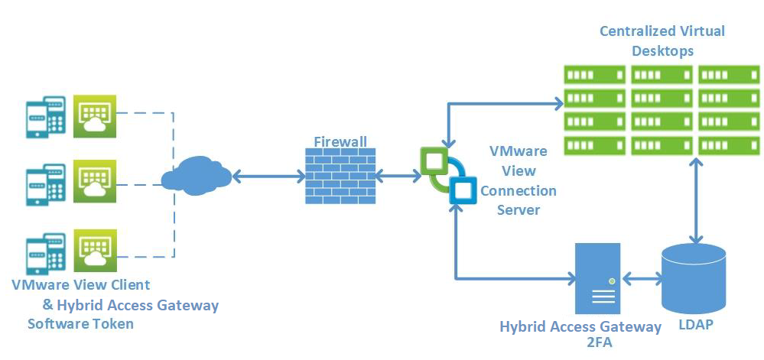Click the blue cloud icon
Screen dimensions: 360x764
196,175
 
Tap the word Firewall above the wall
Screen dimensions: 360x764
340,142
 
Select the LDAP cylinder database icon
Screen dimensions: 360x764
694,278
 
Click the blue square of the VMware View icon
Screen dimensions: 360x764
461,188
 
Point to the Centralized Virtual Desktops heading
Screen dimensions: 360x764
662,41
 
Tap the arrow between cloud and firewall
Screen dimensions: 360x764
268,177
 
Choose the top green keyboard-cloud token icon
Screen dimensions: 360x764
94,116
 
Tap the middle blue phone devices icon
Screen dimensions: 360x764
44,184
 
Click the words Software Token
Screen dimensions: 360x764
80,323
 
